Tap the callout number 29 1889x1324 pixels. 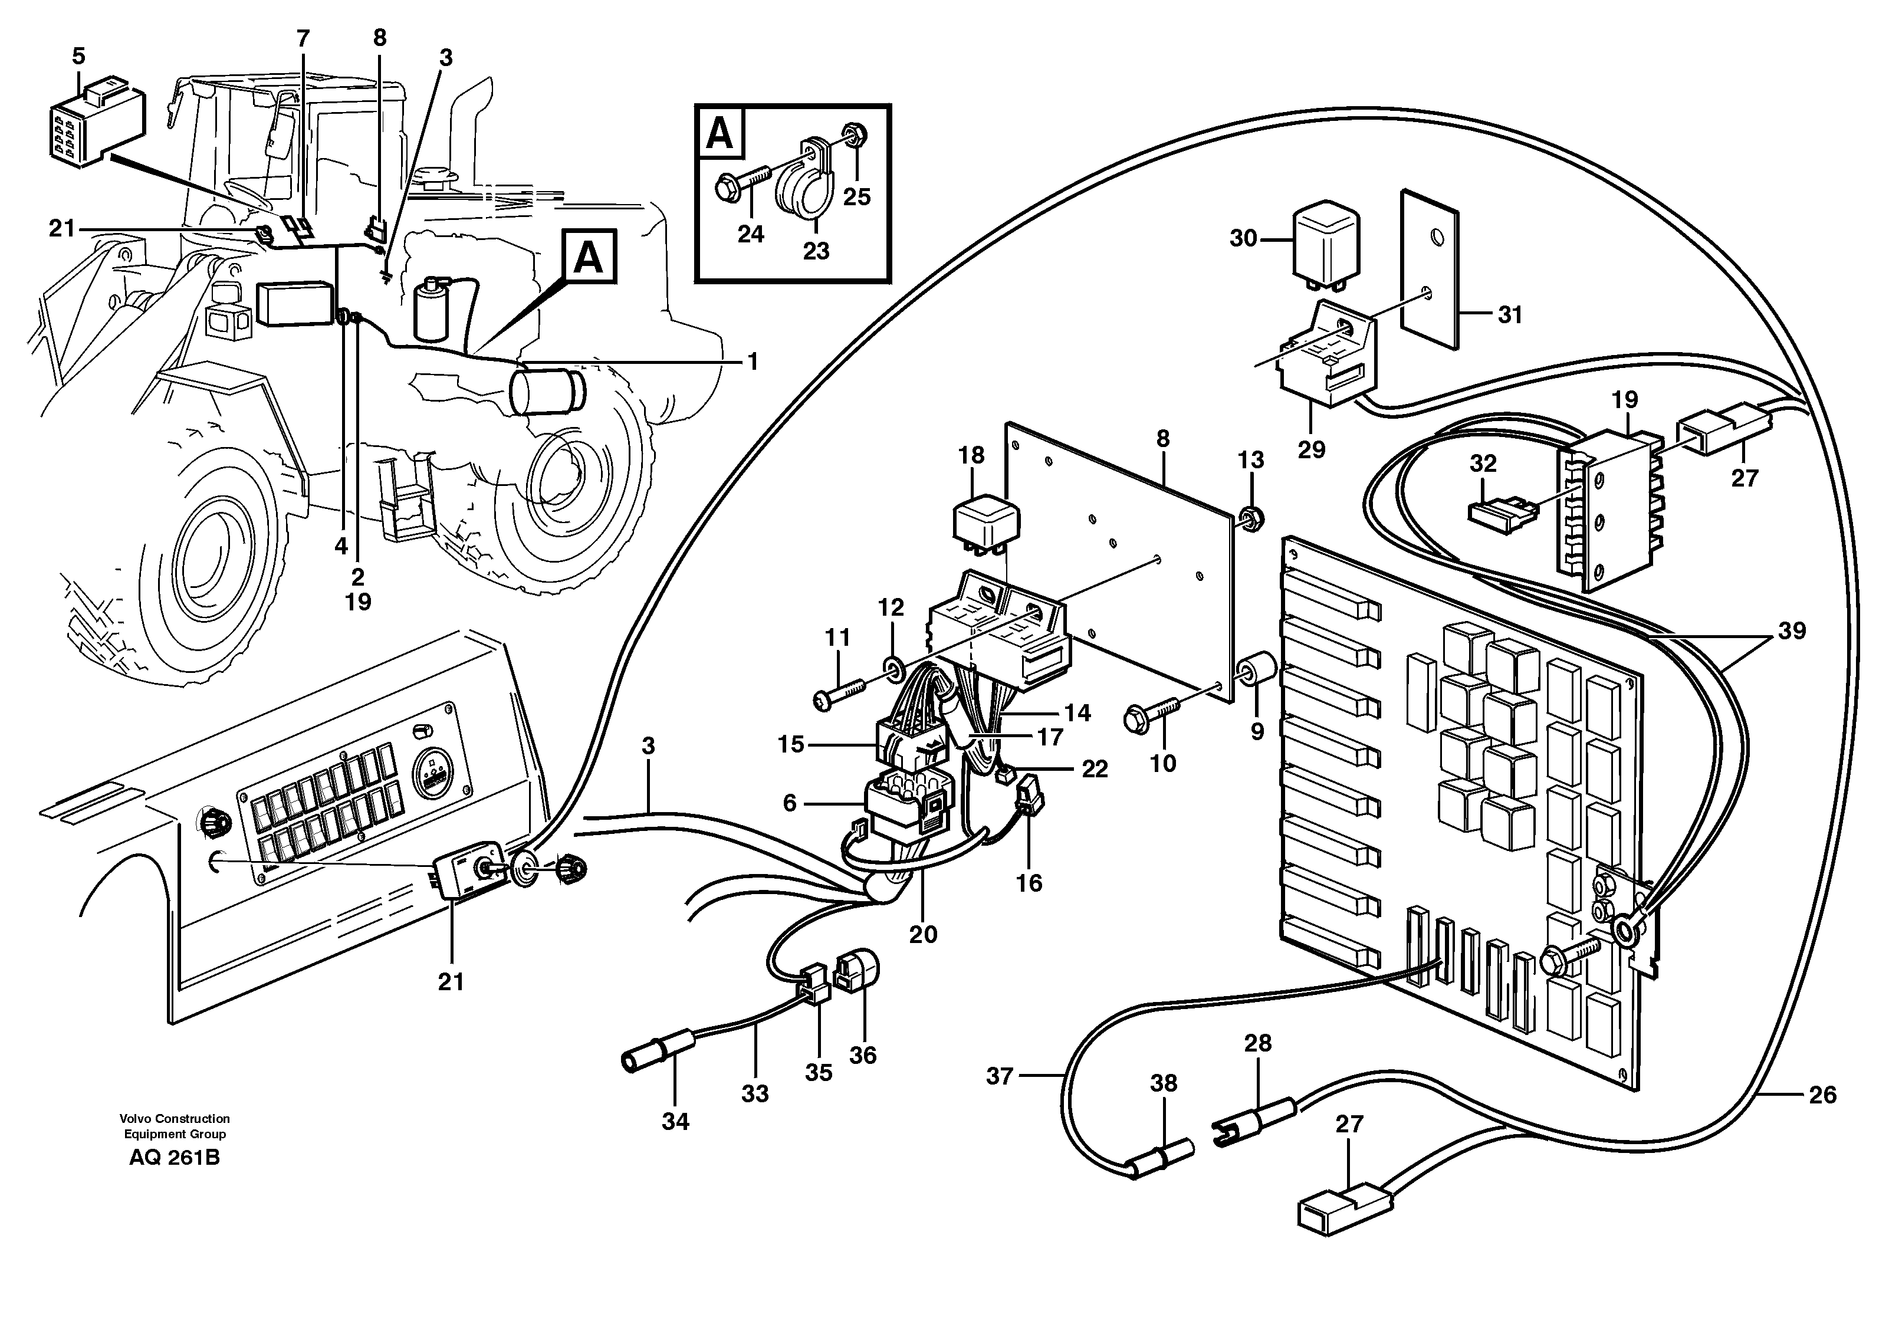1312,449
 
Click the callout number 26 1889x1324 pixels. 1822,1095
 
